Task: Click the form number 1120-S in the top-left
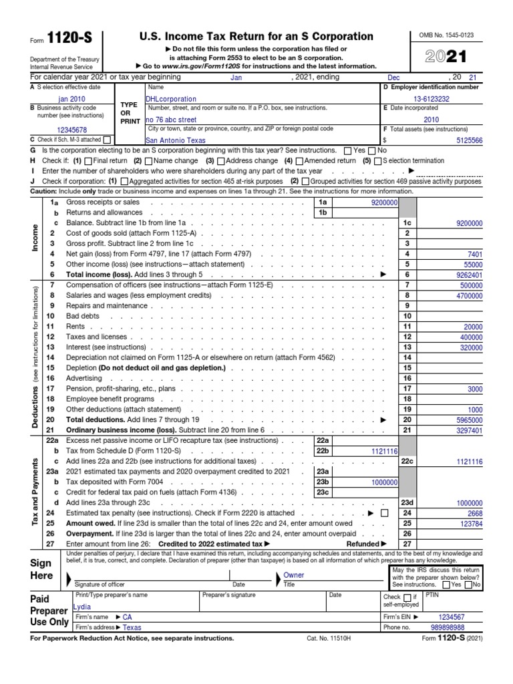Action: [64, 38]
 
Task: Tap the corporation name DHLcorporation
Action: [172, 99]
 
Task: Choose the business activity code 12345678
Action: [73, 130]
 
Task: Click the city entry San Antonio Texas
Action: [175, 140]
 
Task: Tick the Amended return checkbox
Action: [299, 161]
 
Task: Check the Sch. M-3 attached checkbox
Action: [106, 140]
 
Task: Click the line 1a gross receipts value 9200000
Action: [384, 202]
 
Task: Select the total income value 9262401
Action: [466, 275]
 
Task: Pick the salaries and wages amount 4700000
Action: [466, 295]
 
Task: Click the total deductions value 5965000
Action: [466, 420]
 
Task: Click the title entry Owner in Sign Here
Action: [294, 575]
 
